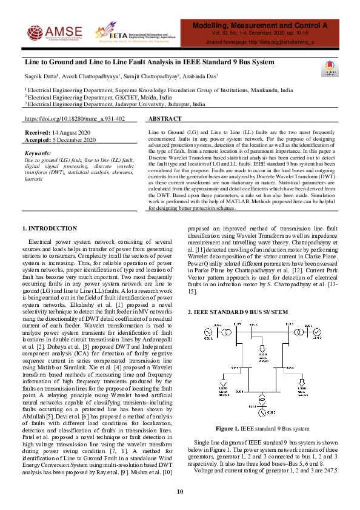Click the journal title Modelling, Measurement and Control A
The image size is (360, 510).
[259, 26]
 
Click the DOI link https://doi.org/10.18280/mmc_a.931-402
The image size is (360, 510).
[75, 119]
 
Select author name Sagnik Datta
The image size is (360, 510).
[41, 77]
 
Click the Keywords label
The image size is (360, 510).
[38, 153]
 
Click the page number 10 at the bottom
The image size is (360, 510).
[179, 491]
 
